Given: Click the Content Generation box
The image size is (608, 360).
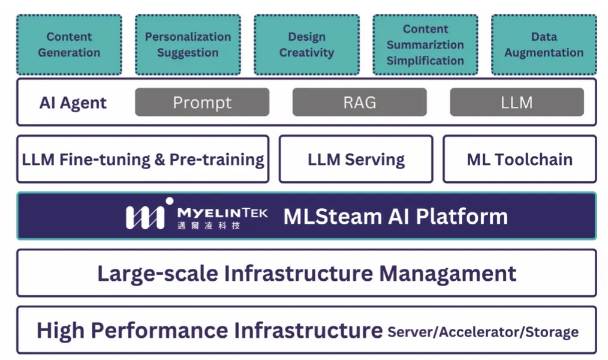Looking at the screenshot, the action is pos(69,44).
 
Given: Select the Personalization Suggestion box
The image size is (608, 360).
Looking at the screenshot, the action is pos(188,44).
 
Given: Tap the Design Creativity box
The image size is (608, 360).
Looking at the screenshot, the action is pos(306,44).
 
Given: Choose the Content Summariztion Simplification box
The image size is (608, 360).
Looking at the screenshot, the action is pos(425,44).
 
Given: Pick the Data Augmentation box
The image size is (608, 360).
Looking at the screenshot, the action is pos(544,44).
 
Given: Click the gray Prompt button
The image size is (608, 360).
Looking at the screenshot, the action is pos(202,102).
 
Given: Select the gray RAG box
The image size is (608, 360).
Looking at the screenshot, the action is pos(359,102).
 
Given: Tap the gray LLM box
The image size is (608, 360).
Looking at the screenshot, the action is pos(517,102).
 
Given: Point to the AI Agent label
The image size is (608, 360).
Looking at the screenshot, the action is pos(73,103).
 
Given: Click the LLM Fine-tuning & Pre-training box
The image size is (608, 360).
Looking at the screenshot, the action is pos(143,159).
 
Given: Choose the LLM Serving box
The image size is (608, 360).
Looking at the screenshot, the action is pos(356,159).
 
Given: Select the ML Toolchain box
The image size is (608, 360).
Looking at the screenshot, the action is pos(520,159).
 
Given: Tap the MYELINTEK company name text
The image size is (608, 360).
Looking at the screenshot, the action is pos(222,213).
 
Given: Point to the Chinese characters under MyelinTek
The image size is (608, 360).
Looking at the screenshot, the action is pos(209,226).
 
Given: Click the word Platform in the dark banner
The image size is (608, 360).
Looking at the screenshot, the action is pos(462,217).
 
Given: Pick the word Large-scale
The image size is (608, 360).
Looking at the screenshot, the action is pos(158,274).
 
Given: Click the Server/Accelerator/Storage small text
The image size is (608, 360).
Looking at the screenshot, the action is pos(483,332).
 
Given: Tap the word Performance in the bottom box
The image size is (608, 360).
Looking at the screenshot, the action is pos(161,331).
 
